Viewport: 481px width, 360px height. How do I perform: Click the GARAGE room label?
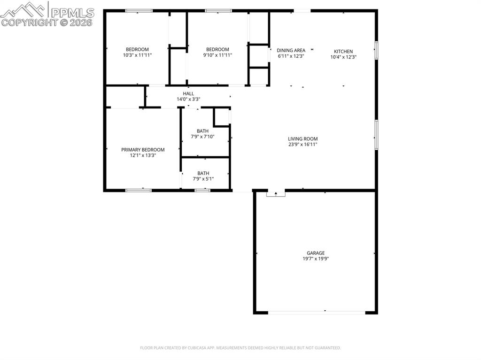click(316, 253)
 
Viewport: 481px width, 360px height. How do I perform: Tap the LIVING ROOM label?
click(303, 138)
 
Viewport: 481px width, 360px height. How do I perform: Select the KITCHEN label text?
click(343, 51)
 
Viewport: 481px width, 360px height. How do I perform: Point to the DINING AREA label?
click(291, 50)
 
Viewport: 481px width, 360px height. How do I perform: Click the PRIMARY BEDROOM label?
click(143, 150)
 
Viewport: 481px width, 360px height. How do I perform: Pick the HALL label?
click(188, 93)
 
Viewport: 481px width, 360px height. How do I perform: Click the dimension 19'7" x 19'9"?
click(316, 259)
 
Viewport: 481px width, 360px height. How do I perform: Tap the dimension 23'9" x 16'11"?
click(303, 145)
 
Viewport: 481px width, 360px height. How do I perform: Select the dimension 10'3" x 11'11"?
click(137, 55)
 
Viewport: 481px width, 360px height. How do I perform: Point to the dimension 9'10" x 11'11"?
click(217, 55)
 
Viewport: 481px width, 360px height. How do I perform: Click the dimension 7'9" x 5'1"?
click(203, 179)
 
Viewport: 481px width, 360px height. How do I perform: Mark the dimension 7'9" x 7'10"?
click(203, 137)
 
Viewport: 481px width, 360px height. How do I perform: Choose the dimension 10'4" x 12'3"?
click(343, 57)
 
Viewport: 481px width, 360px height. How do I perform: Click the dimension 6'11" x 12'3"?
click(291, 56)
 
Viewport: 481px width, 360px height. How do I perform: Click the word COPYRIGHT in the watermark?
click(29, 22)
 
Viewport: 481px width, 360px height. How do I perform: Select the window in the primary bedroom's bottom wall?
click(138, 190)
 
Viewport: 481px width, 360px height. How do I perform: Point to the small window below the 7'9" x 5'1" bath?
click(202, 190)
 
